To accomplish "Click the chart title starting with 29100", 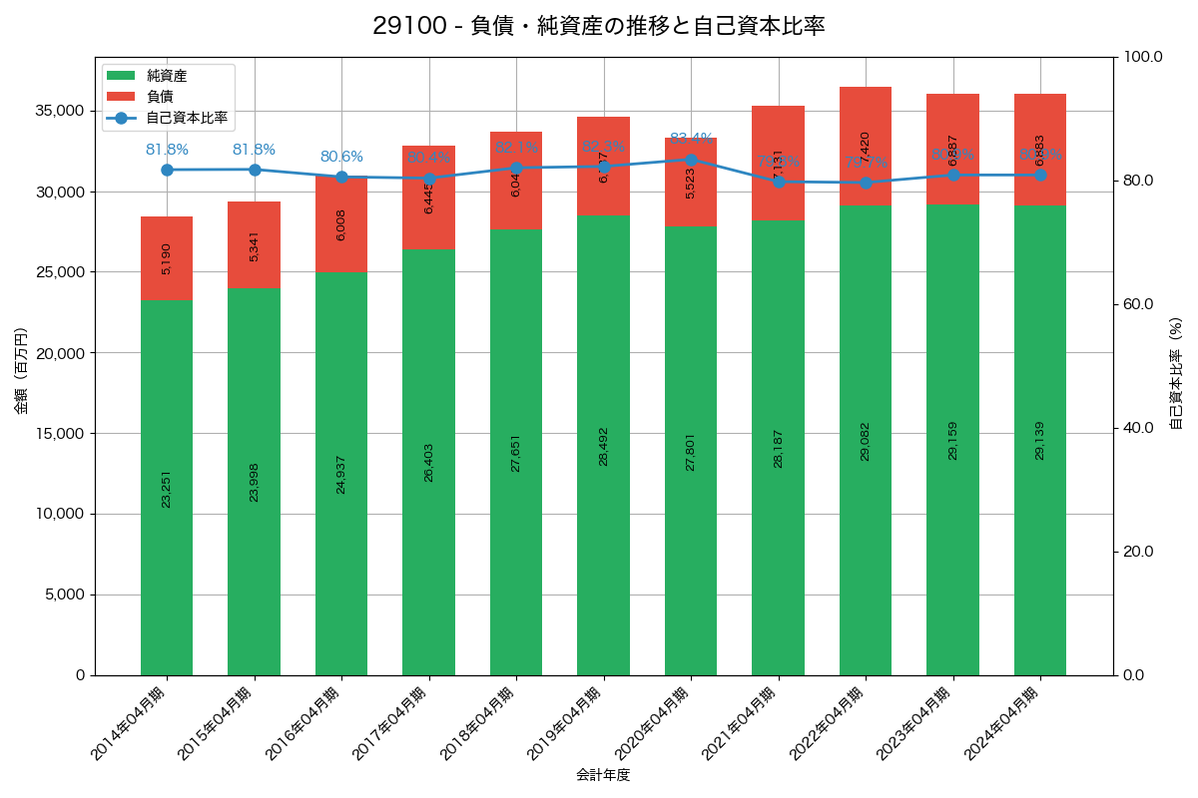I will click(x=599, y=26).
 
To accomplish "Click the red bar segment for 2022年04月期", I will click(x=865, y=146).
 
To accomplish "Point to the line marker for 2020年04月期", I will click(x=691, y=160).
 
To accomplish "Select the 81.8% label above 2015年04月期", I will click(x=254, y=150).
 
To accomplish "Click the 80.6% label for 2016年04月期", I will click(x=341, y=157).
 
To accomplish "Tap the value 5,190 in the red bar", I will click(x=167, y=258).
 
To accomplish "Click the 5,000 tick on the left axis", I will click(x=64, y=595).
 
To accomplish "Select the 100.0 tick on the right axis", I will click(x=1142, y=57).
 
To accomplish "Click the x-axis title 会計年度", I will click(x=603, y=775).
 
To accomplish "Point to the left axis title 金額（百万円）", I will click(x=21, y=371).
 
